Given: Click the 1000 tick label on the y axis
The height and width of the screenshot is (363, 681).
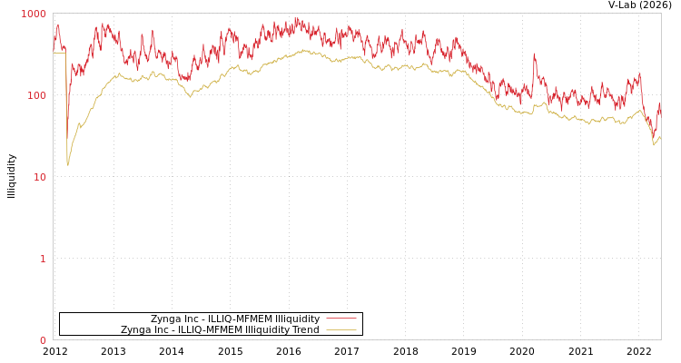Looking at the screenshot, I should point(34,14).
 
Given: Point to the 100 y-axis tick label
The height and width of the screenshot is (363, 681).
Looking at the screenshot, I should point(36,95).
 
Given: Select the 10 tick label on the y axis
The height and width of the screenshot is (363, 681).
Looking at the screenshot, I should point(39,177).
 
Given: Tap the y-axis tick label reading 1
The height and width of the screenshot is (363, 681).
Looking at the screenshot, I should point(42,259).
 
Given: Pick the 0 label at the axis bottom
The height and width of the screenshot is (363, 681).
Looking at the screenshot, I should point(42,340).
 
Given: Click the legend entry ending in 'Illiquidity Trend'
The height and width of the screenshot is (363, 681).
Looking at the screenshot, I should point(220,330).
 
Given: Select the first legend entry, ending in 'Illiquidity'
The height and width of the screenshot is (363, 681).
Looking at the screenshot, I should point(235,319).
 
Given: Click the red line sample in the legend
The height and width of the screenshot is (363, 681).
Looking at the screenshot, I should point(340,319).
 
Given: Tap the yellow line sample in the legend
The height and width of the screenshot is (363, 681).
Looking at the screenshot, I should point(340,330).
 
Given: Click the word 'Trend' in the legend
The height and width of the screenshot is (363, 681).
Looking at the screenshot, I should point(304,330).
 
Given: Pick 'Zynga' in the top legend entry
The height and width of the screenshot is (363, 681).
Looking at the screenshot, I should point(165,319).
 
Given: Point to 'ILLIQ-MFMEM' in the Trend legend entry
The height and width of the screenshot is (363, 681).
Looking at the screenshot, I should point(210,330).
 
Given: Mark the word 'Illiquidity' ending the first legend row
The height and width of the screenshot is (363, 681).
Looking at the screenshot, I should point(297,319).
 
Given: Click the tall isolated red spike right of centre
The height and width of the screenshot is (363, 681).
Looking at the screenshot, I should point(534,55).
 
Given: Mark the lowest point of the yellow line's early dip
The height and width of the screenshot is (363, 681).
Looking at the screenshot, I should point(67,164).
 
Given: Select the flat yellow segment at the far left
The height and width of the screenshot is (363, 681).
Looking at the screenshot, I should point(59,53).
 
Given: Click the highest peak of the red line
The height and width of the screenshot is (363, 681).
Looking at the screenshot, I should point(296,17).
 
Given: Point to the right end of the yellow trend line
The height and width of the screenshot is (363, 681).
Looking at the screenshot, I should point(660,137).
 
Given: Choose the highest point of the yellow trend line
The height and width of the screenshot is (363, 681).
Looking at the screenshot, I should point(304,51).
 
